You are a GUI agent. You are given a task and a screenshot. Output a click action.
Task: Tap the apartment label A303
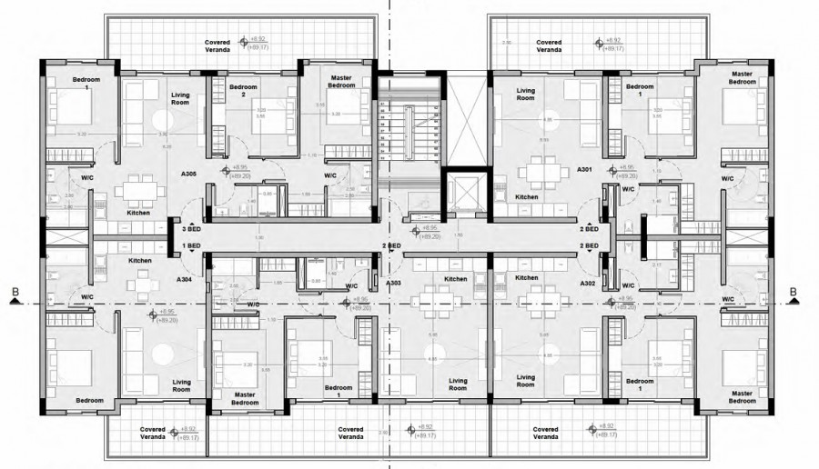(394, 283)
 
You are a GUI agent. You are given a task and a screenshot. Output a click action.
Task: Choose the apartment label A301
(584, 169)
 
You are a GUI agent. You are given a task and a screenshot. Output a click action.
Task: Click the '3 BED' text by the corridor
(191, 231)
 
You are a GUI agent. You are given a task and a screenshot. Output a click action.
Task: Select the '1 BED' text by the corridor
(191, 246)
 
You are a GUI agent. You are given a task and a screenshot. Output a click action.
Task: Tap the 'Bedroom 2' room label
(243, 91)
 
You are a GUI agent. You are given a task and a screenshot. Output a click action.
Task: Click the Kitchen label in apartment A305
(138, 212)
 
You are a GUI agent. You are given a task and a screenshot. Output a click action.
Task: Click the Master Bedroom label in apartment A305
(341, 82)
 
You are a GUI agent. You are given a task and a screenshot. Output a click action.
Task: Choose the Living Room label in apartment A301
(526, 95)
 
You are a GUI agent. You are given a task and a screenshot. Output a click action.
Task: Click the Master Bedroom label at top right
(742, 77)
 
